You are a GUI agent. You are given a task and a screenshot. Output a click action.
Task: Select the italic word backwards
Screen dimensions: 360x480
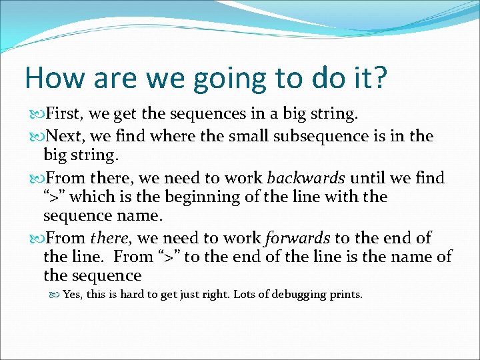(x=306, y=178)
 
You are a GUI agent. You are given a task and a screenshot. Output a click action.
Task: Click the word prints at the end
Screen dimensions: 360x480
(x=344, y=295)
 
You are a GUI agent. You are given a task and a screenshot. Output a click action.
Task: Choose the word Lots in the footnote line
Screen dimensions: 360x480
(x=245, y=294)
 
